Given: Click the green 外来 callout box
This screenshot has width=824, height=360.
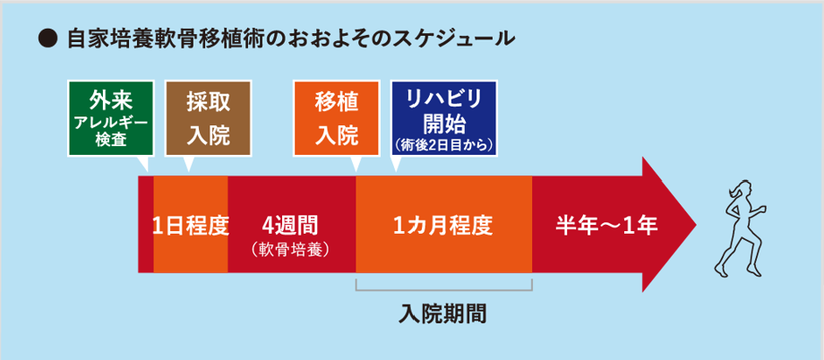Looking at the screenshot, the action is point(110,118).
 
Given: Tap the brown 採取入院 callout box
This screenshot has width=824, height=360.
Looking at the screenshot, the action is point(208,118).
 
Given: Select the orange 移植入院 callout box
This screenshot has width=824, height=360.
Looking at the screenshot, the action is point(337,118).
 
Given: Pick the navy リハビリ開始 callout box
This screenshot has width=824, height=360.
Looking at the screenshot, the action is point(443,118).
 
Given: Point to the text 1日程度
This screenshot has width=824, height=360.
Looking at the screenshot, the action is point(191,226).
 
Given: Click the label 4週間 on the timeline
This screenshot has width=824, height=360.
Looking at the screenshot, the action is point(292,225).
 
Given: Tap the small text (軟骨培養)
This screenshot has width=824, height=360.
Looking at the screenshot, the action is point(290,249).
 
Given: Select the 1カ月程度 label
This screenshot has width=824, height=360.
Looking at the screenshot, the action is point(443,226).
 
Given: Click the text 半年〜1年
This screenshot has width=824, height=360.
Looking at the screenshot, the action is point(606,226).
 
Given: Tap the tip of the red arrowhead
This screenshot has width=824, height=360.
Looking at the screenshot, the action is point(696,225).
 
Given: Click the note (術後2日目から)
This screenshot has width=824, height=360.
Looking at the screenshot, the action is point(443,144).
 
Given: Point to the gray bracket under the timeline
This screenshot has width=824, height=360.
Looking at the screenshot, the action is point(444,289).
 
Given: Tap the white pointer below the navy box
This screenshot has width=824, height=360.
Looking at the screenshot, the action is point(396,164).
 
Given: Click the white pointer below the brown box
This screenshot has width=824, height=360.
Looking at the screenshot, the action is point(188,164).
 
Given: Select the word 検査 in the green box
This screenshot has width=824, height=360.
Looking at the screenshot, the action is point(110,141).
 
